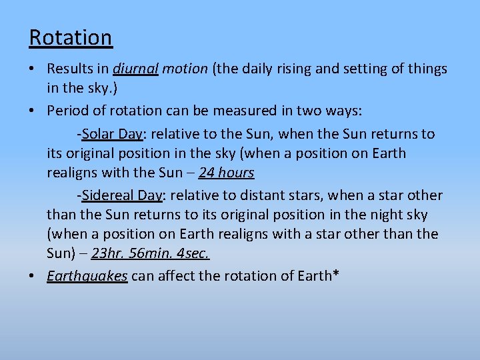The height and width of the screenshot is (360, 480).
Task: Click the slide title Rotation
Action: coord(71,37)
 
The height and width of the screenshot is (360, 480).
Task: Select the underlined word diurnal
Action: coord(135,69)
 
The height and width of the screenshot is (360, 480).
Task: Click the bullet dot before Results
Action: coord(35,69)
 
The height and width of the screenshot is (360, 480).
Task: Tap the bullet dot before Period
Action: coord(35,109)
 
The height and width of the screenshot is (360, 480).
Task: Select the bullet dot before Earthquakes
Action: coord(35,277)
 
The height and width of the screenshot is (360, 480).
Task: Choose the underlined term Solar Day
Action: coord(113,134)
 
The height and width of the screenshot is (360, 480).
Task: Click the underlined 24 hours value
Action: coord(227,173)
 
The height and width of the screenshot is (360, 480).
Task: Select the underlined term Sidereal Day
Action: coord(122,195)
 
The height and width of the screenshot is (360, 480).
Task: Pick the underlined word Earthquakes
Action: coord(87,277)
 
